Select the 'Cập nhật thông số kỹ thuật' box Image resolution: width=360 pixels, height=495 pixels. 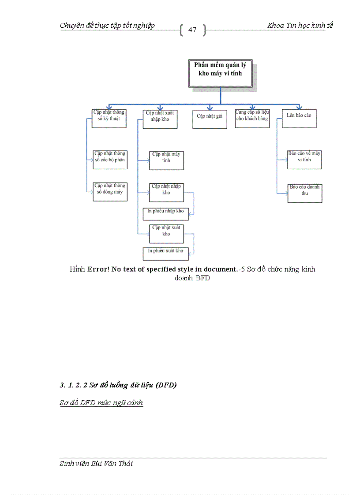point(109,119)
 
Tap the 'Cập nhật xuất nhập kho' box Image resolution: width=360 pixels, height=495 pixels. point(160,119)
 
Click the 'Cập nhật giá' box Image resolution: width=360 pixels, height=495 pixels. point(210,119)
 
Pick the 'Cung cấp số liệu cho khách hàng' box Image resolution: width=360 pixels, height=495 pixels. point(252,119)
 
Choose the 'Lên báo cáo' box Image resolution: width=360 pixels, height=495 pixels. point(299,119)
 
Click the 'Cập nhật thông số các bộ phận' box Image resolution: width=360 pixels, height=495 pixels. point(110,159)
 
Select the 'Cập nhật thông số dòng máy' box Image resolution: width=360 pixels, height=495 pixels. point(110,192)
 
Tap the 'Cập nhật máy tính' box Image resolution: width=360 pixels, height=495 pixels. point(166,160)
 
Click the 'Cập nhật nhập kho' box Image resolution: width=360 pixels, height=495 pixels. point(166,192)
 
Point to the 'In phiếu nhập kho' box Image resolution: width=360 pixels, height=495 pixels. point(165,213)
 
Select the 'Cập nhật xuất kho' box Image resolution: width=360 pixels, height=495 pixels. point(166,234)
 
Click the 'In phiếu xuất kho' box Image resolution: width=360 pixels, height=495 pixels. point(165,253)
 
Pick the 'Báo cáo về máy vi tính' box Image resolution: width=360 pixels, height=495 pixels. point(304,160)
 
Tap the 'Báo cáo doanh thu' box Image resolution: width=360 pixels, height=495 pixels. point(304,193)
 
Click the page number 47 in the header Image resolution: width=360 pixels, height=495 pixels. point(192,30)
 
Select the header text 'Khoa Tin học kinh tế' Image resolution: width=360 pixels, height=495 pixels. point(300,25)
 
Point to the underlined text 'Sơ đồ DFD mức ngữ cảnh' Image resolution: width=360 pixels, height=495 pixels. point(101,402)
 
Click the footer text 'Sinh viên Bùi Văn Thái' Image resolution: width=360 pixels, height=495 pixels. point(96,463)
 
